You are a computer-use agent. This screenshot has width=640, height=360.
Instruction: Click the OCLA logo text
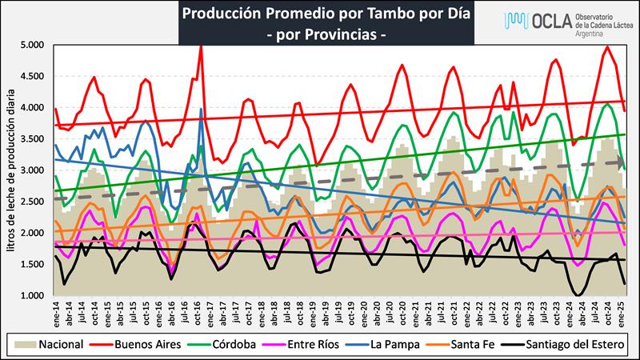pos(544,20)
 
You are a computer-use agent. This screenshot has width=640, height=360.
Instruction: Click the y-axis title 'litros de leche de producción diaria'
pos(12,170)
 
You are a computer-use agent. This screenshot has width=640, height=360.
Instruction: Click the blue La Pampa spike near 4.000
pos(200,110)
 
